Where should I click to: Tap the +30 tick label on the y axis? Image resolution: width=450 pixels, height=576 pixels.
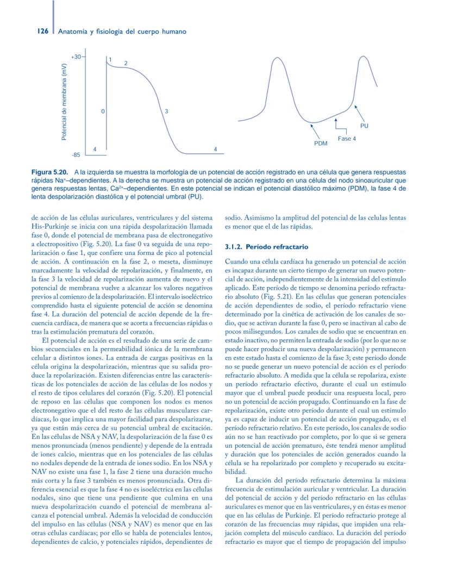click(x=76, y=57)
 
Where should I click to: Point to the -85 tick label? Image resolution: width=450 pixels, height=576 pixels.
click(x=76, y=155)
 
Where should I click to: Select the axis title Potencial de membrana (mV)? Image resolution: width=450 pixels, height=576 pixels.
click(x=64, y=102)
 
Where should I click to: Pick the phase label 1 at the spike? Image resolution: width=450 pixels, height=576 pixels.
click(x=110, y=59)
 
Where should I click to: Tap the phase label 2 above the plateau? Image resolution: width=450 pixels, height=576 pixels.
click(x=126, y=64)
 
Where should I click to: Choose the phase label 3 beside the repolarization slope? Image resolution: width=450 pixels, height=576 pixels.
click(x=166, y=111)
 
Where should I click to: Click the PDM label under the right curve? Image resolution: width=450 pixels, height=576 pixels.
click(x=321, y=143)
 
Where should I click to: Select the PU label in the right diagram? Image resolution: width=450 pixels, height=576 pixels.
click(x=364, y=126)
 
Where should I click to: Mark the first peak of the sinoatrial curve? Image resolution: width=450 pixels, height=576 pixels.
click(x=277, y=58)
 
